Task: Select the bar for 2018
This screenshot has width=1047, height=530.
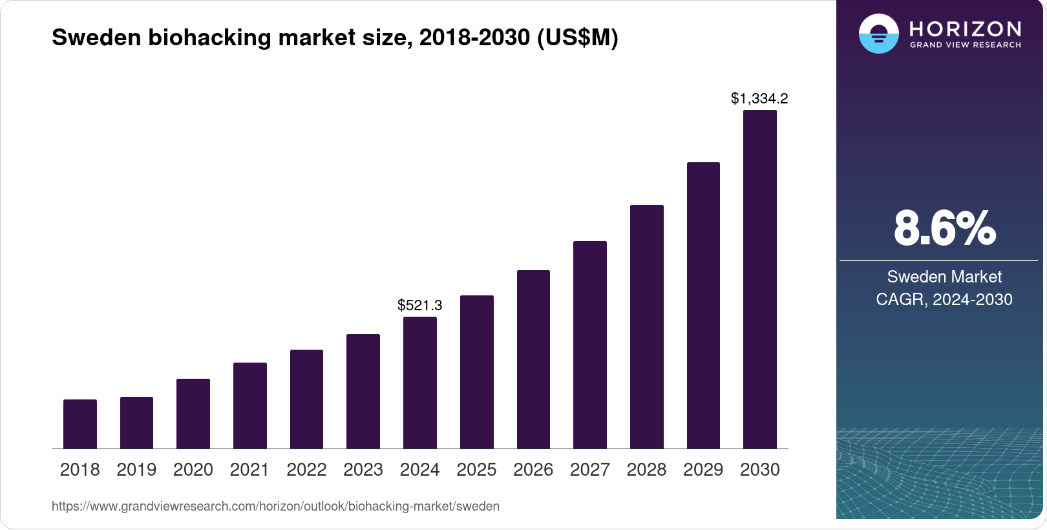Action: (x=80, y=424)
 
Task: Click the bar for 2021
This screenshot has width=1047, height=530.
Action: (x=250, y=406)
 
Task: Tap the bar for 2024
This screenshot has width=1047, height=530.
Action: (x=420, y=383)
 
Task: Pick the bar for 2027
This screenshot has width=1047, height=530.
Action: (x=590, y=345)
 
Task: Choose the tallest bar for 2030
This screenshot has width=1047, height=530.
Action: (x=760, y=279)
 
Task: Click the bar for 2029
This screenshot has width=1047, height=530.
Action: (x=703, y=305)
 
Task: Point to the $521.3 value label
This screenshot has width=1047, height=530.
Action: (x=420, y=305)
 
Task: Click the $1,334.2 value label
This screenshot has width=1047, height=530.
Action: (x=759, y=99)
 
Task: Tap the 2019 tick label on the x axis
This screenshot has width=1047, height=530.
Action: (x=136, y=470)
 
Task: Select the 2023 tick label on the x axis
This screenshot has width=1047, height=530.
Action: (x=363, y=470)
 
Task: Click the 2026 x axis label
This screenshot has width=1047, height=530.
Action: (x=533, y=470)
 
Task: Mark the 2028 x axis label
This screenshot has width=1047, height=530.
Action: (x=646, y=470)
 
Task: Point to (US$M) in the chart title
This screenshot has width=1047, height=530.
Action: (x=577, y=37)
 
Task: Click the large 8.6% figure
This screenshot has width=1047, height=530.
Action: (x=944, y=229)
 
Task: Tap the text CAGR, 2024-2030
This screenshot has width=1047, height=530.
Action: (x=944, y=299)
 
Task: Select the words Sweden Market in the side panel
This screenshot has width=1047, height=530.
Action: (x=944, y=277)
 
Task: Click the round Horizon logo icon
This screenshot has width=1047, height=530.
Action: (x=878, y=34)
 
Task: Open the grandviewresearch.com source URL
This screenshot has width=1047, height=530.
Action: (x=275, y=506)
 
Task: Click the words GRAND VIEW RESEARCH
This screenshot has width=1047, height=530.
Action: (x=966, y=45)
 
